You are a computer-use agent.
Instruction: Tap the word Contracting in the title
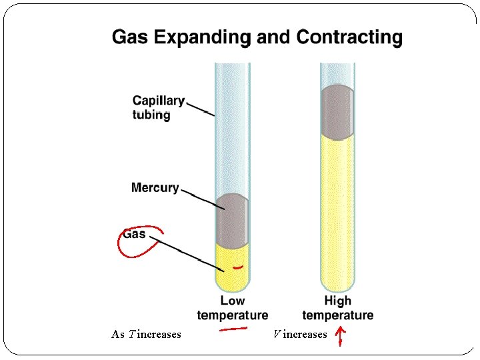pos(349,37)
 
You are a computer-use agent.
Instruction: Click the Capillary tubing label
pos(158,107)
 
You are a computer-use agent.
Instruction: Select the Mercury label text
pos(155,187)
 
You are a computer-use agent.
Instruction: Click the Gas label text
pos(134,234)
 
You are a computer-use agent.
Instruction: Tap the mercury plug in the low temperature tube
pos(232,220)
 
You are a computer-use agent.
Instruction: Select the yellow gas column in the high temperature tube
pos(337,213)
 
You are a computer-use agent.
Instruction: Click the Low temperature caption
pos(233,308)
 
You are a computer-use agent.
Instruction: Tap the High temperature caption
pos(337,308)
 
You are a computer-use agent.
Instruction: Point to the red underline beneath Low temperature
pos(233,328)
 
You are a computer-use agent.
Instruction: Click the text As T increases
pos(146,334)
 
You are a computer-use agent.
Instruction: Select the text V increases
pos(300,334)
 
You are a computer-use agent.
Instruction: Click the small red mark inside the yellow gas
pos(238,267)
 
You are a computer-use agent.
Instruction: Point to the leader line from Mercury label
pos(199,198)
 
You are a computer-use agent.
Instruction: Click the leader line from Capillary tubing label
pos(199,109)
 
